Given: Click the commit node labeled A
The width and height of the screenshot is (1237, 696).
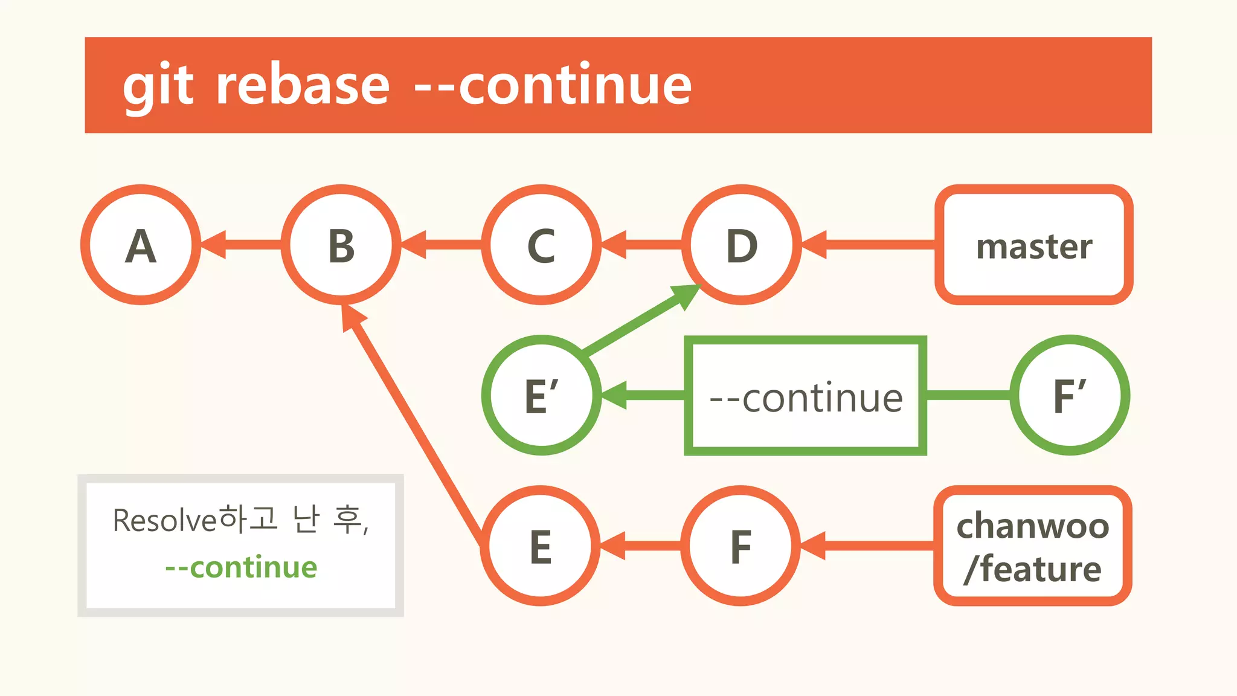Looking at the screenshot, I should click(141, 245).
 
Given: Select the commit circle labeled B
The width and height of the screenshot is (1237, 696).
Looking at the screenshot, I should click(341, 245).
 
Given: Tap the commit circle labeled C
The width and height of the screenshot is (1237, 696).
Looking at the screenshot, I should click(542, 245).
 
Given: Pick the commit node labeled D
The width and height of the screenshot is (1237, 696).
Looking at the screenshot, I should click(742, 245).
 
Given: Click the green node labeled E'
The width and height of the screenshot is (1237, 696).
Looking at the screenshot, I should click(542, 395).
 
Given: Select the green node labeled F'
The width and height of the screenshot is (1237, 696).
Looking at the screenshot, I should click(1070, 395).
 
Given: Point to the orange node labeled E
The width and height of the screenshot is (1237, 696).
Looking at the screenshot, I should click(541, 546).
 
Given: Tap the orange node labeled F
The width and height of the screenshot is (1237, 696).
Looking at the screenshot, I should click(741, 546).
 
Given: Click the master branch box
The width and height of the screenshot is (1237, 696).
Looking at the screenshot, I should click(1033, 245).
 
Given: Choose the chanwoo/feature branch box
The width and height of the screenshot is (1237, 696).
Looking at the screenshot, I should click(1033, 546).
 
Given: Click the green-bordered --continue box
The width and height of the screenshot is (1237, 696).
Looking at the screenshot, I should click(805, 396).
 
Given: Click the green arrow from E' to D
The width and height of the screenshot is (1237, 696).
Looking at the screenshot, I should click(640, 320).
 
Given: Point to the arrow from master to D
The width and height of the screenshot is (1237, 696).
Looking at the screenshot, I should click(870, 245).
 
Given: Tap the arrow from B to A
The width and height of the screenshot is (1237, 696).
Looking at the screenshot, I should click(242, 245).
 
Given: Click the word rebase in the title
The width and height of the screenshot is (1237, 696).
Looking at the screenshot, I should click(303, 85).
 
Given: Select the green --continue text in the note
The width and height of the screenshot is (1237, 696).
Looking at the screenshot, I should click(241, 567).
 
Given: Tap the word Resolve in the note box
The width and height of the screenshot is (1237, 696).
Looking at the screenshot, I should click(164, 520).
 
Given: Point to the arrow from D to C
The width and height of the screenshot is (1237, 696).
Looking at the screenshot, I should click(642, 245).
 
